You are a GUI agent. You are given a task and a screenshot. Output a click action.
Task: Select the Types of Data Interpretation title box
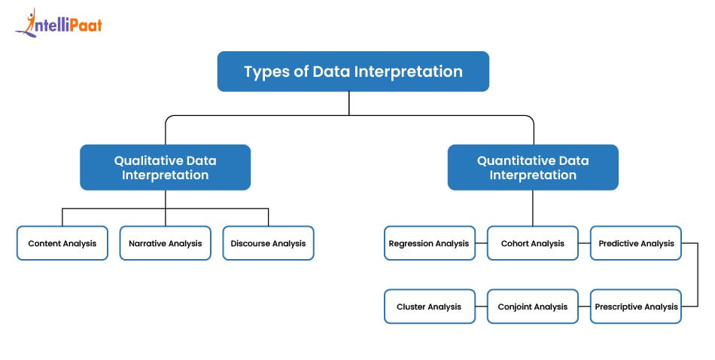click(x=353, y=72)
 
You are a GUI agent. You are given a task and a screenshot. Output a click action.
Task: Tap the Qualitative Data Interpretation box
click(x=166, y=167)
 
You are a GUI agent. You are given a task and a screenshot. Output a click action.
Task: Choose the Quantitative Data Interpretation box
click(x=533, y=167)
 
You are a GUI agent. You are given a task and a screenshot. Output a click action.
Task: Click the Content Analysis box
click(x=62, y=243)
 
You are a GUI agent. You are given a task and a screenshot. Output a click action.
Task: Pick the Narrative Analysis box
click(x=165, y=243)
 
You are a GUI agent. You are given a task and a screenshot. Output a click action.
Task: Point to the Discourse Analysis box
click(x=268, y=243)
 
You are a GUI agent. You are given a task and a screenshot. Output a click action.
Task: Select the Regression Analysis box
click(x=430, y=243)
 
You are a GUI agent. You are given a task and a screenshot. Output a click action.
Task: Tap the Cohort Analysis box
click(x=533, y=243)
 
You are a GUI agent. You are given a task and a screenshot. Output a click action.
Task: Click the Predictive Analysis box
click(x=635, y=243)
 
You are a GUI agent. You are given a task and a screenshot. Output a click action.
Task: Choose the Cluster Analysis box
click(x=430, y=307)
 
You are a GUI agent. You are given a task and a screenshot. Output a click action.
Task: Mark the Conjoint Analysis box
click(x=533, y=307)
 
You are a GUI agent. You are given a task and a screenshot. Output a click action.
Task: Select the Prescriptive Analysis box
click(x=635, y=307)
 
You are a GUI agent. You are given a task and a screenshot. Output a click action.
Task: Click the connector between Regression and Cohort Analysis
click(x=481, y=243)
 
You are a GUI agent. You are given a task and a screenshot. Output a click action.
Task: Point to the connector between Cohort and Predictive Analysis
click(x=584, y=243)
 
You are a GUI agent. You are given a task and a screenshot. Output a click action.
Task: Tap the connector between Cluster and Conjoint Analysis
click(x=481, y=307)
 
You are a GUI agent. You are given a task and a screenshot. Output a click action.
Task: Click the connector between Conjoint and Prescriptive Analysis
click(x=584, y=307)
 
